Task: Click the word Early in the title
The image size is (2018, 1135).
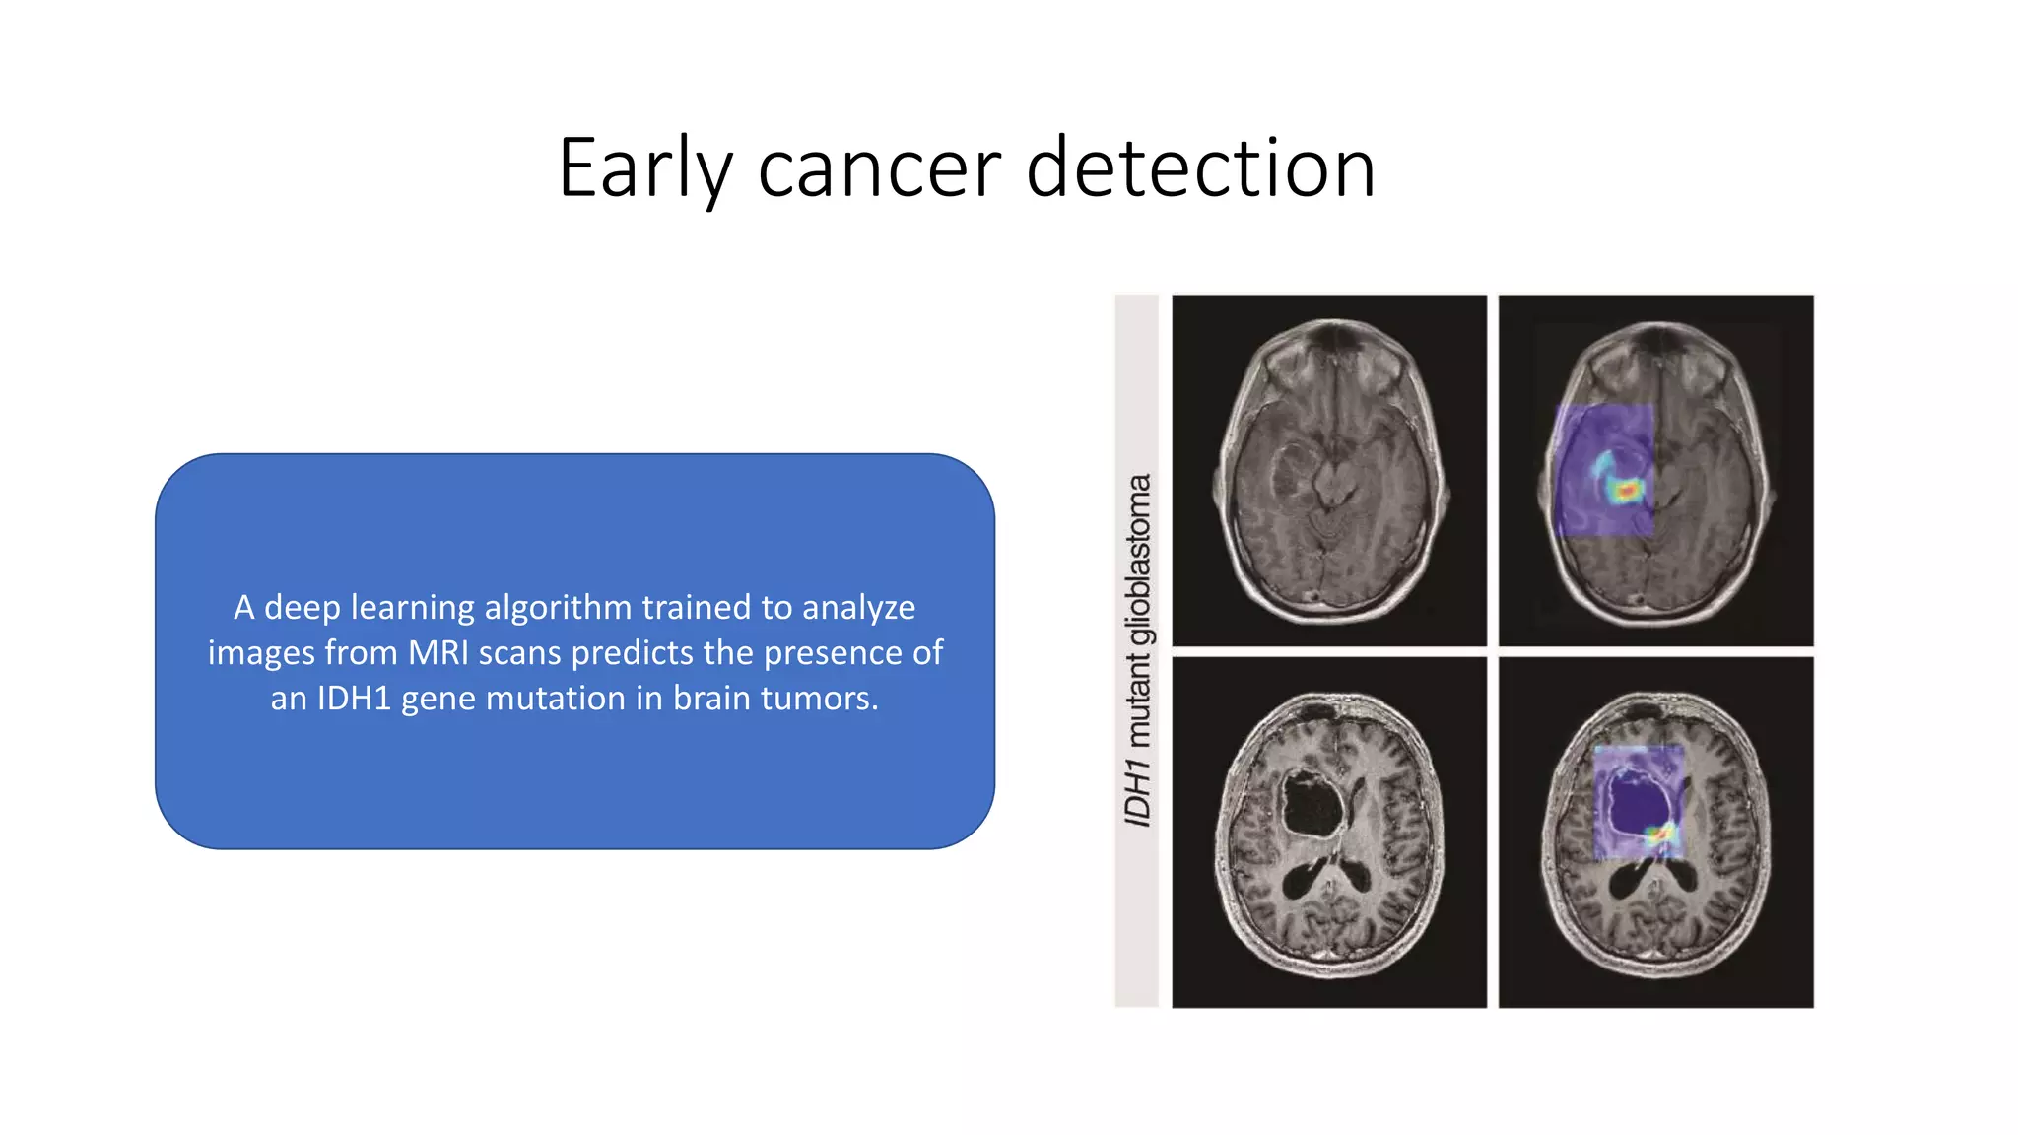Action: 645,169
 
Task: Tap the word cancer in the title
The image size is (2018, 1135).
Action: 880,169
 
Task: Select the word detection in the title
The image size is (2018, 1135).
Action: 1200,169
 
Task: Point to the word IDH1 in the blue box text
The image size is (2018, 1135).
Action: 354,699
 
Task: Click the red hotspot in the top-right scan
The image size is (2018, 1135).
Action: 1627,490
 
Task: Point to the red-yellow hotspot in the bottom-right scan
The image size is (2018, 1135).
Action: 1661,835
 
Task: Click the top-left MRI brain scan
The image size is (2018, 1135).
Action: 1329,471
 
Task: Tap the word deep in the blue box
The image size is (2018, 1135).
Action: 303,608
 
